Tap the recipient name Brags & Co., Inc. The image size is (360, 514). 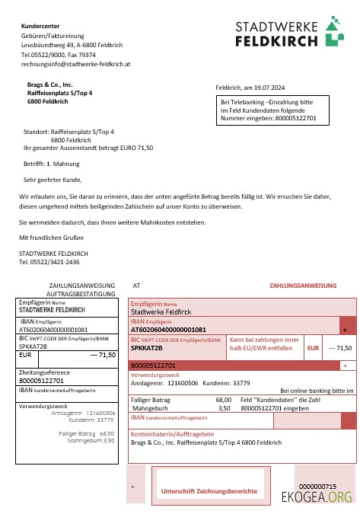coord(50,85)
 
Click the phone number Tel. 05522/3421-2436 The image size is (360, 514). coord(49,261)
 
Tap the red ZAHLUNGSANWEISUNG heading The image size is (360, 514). coord(302,286)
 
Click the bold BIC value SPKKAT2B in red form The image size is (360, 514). coord(147,348)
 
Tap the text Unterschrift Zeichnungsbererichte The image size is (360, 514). coord(208,492)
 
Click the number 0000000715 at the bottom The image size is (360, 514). coord(317,486)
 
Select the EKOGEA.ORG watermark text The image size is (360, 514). coord(317,498)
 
